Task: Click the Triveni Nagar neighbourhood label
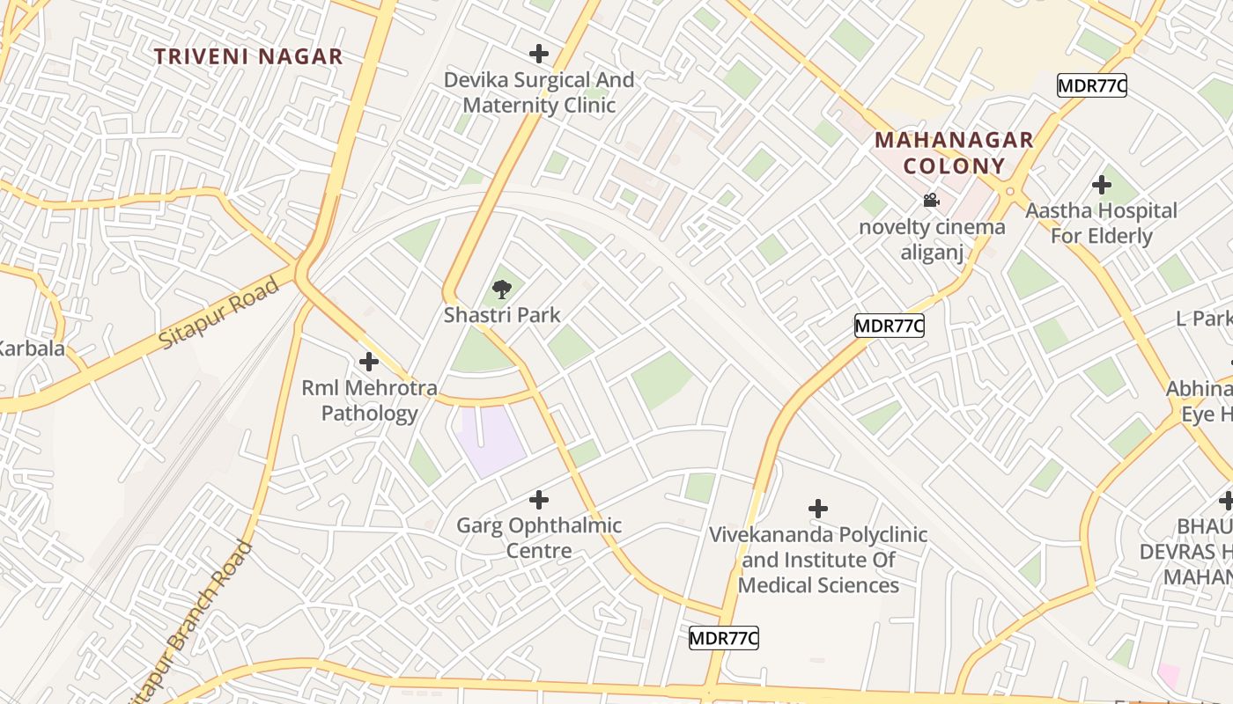(x=248, y=57)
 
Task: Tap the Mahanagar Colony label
(x=953, y=153)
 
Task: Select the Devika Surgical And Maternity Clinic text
(x=539, y=92)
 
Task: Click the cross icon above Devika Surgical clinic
(x=539, y=54)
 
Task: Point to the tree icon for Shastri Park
(x=501, y=289)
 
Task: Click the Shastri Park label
(x=501, y=314)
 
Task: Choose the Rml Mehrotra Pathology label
(x=369, y=400)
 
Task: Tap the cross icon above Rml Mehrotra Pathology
(x=369, y=361)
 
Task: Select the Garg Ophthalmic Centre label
(x=539, y=538)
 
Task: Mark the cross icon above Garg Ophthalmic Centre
(x=539, y=500)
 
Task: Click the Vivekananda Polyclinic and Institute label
(x=818, y=560)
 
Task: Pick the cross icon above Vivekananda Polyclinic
(x=818, y=508)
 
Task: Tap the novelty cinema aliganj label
(x=932, y=239)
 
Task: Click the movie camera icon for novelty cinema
(x=931, y=201)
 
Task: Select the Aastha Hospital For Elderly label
(x=1101, y=224)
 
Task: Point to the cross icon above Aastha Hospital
(x=1101, y=185)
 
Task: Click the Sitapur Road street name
(x=219, y=313)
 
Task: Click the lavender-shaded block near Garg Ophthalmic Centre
(x=491, y=439)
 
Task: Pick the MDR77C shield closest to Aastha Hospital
(x=1092, y=85)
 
